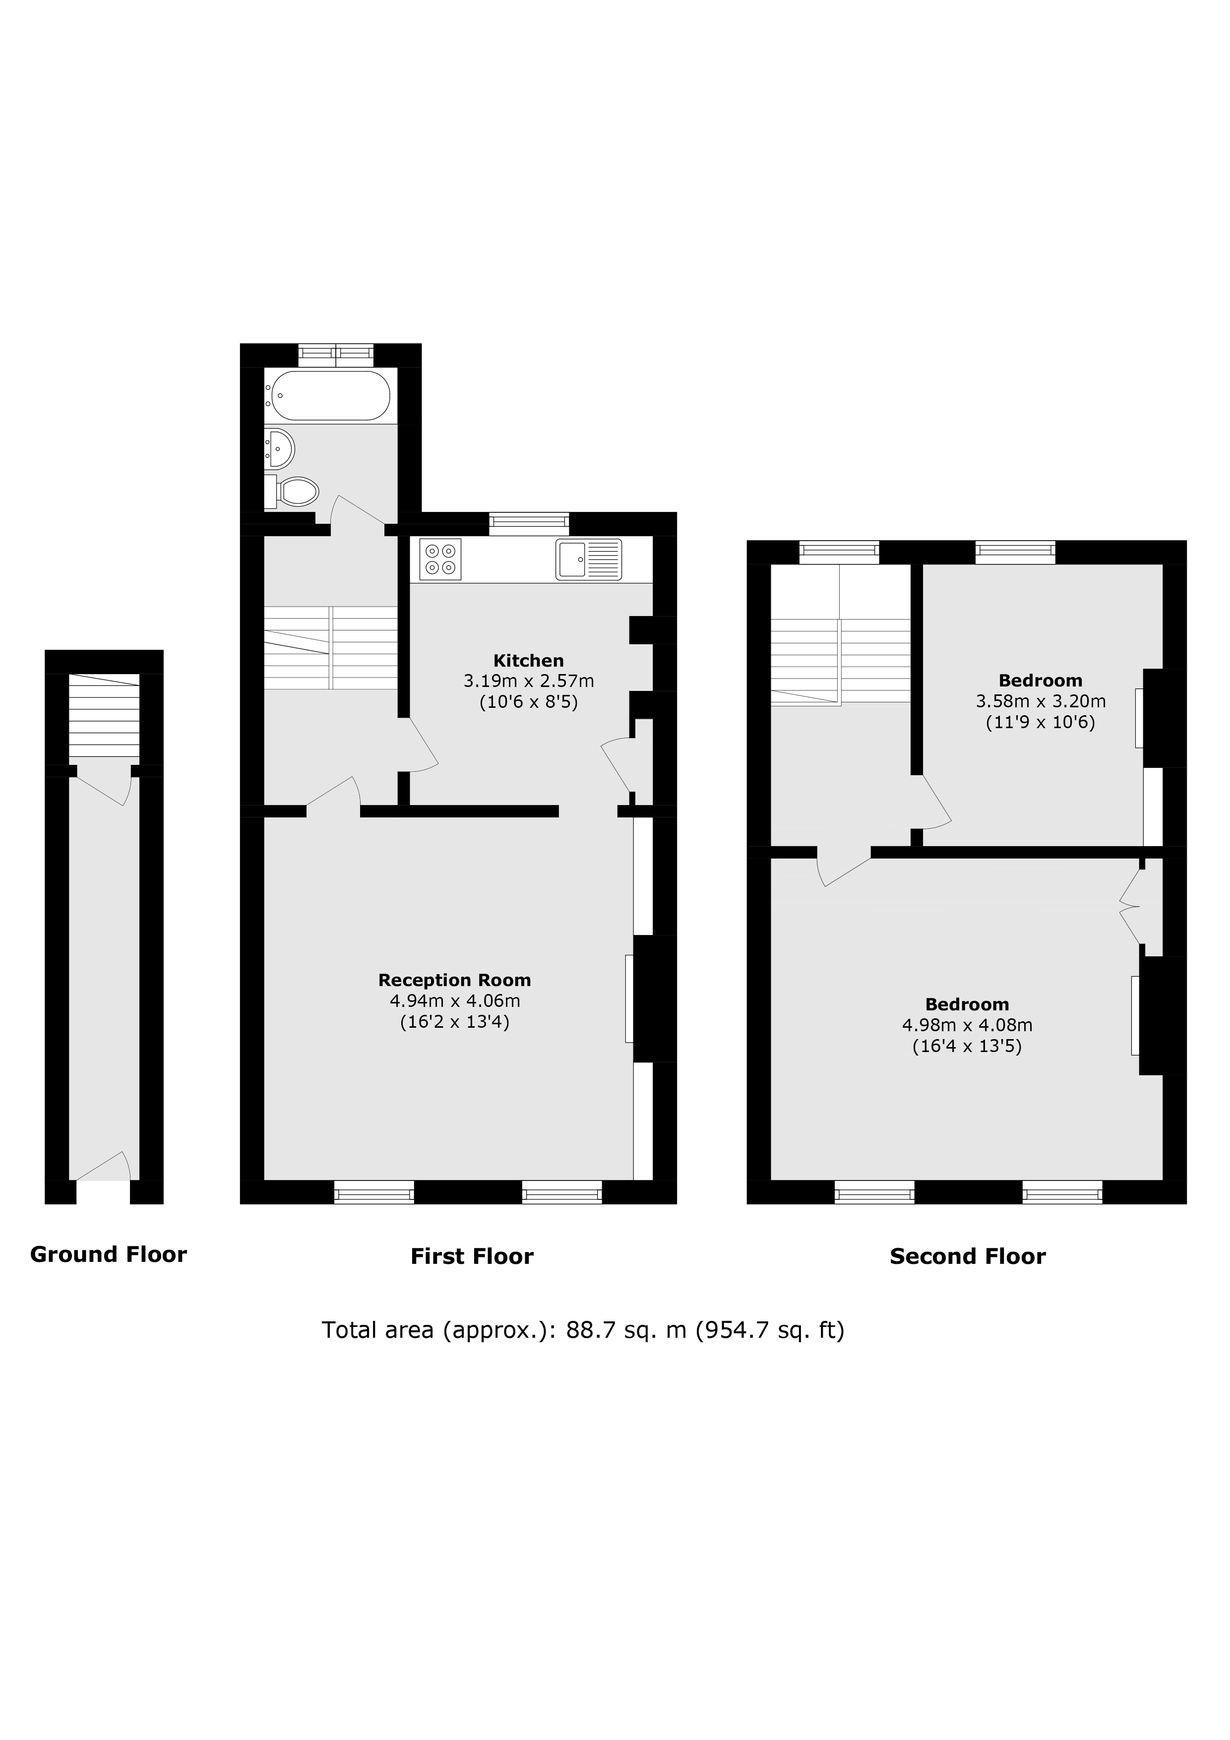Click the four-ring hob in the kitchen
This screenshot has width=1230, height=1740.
coord(440,559)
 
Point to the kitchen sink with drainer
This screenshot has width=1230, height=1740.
coord(589,559)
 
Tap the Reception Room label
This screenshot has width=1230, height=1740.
coord(455,980)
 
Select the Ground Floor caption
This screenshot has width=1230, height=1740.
coord(109,1255)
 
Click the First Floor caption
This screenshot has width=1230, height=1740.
coord(472,1256)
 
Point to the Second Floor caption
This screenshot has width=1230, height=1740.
coord(968,1256)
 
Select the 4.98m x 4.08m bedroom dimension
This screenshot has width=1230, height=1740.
coord(967,1025)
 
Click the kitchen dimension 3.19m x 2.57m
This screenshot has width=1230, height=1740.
coord(529,682)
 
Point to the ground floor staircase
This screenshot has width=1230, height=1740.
coord(105,715)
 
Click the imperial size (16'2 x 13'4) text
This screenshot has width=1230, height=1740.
coord(455,1022)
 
